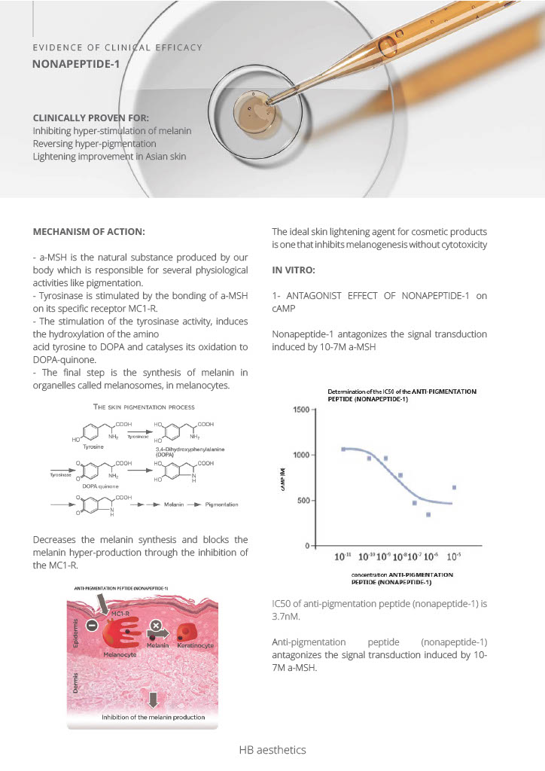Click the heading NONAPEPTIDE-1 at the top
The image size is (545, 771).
(75, 65)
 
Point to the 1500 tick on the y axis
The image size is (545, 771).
(302, 409)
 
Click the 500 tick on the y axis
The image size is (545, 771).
(304, 500)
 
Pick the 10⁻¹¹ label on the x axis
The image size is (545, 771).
(342, 557)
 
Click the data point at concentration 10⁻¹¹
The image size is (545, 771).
(343, 449)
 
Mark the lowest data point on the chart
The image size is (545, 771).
(428, 514)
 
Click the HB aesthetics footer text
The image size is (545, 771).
(272, 750)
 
